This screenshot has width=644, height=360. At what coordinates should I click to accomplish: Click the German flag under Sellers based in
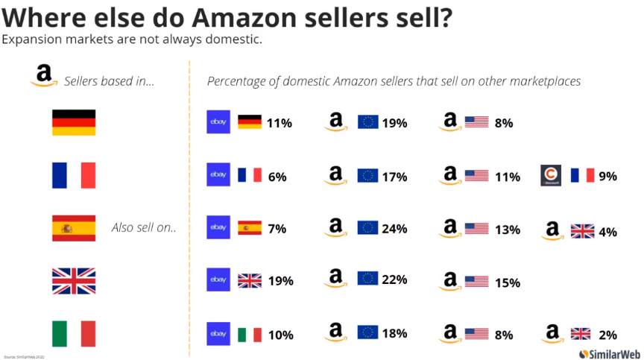click(x=73, y=123)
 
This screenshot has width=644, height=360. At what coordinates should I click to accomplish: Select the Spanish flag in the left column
click(x=73, y=228)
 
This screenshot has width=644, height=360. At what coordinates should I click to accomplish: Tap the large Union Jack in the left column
click(x=73, y=281)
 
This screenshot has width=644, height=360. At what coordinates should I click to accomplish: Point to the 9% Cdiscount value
click(x=607, y=177)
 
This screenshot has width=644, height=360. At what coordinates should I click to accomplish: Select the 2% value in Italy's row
click(x=607, y=335)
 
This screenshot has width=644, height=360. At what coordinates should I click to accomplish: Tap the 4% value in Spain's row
click(x=607, y=232)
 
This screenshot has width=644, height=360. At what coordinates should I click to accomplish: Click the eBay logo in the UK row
click(x=218, y=280)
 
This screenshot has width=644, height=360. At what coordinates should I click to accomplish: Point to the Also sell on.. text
click(x=144, y=228)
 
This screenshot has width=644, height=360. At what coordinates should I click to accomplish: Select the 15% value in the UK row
click(x=508, y=282)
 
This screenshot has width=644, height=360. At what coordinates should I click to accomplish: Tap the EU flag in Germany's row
click(x=368, y=122)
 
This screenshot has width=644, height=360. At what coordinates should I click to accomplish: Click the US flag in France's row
click(x=476, y=176)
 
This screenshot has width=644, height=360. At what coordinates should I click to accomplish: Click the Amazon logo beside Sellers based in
click(x=43, y=75)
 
